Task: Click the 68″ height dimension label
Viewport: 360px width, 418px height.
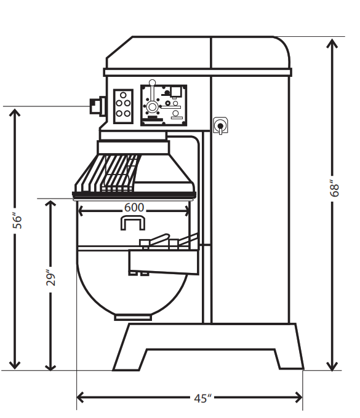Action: click(334, 188)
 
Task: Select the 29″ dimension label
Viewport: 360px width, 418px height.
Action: click(50, 278)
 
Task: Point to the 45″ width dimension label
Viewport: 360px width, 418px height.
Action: click(202, 398)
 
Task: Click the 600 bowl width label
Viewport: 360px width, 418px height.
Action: click(134, 207)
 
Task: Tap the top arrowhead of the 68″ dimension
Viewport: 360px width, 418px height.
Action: click(332, 43)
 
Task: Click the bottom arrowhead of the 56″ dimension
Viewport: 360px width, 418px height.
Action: click(15, 365)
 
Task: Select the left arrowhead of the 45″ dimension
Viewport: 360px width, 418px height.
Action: click(81, 398)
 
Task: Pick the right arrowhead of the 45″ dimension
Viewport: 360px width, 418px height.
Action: click(298, 398)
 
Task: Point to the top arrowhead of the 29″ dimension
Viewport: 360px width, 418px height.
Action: click(50, 205)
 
